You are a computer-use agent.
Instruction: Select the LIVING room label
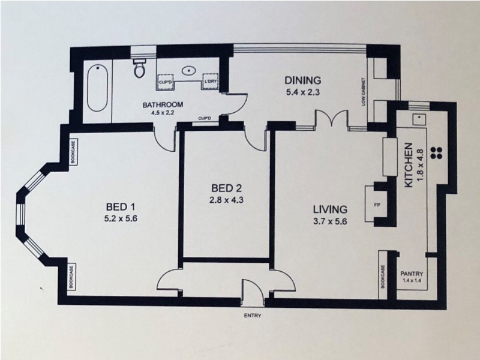click(x=330, y=209)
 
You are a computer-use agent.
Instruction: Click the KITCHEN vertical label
click(x=409, y=165)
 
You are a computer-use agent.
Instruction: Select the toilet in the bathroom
click(x=140, y=68)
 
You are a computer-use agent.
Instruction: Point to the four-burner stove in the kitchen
click(x=436, y=152)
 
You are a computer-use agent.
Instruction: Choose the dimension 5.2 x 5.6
click(x=121, y=219)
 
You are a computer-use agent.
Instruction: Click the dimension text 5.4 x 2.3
click(x=303, y=92)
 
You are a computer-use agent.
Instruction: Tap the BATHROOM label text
click(x=163, y=105)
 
